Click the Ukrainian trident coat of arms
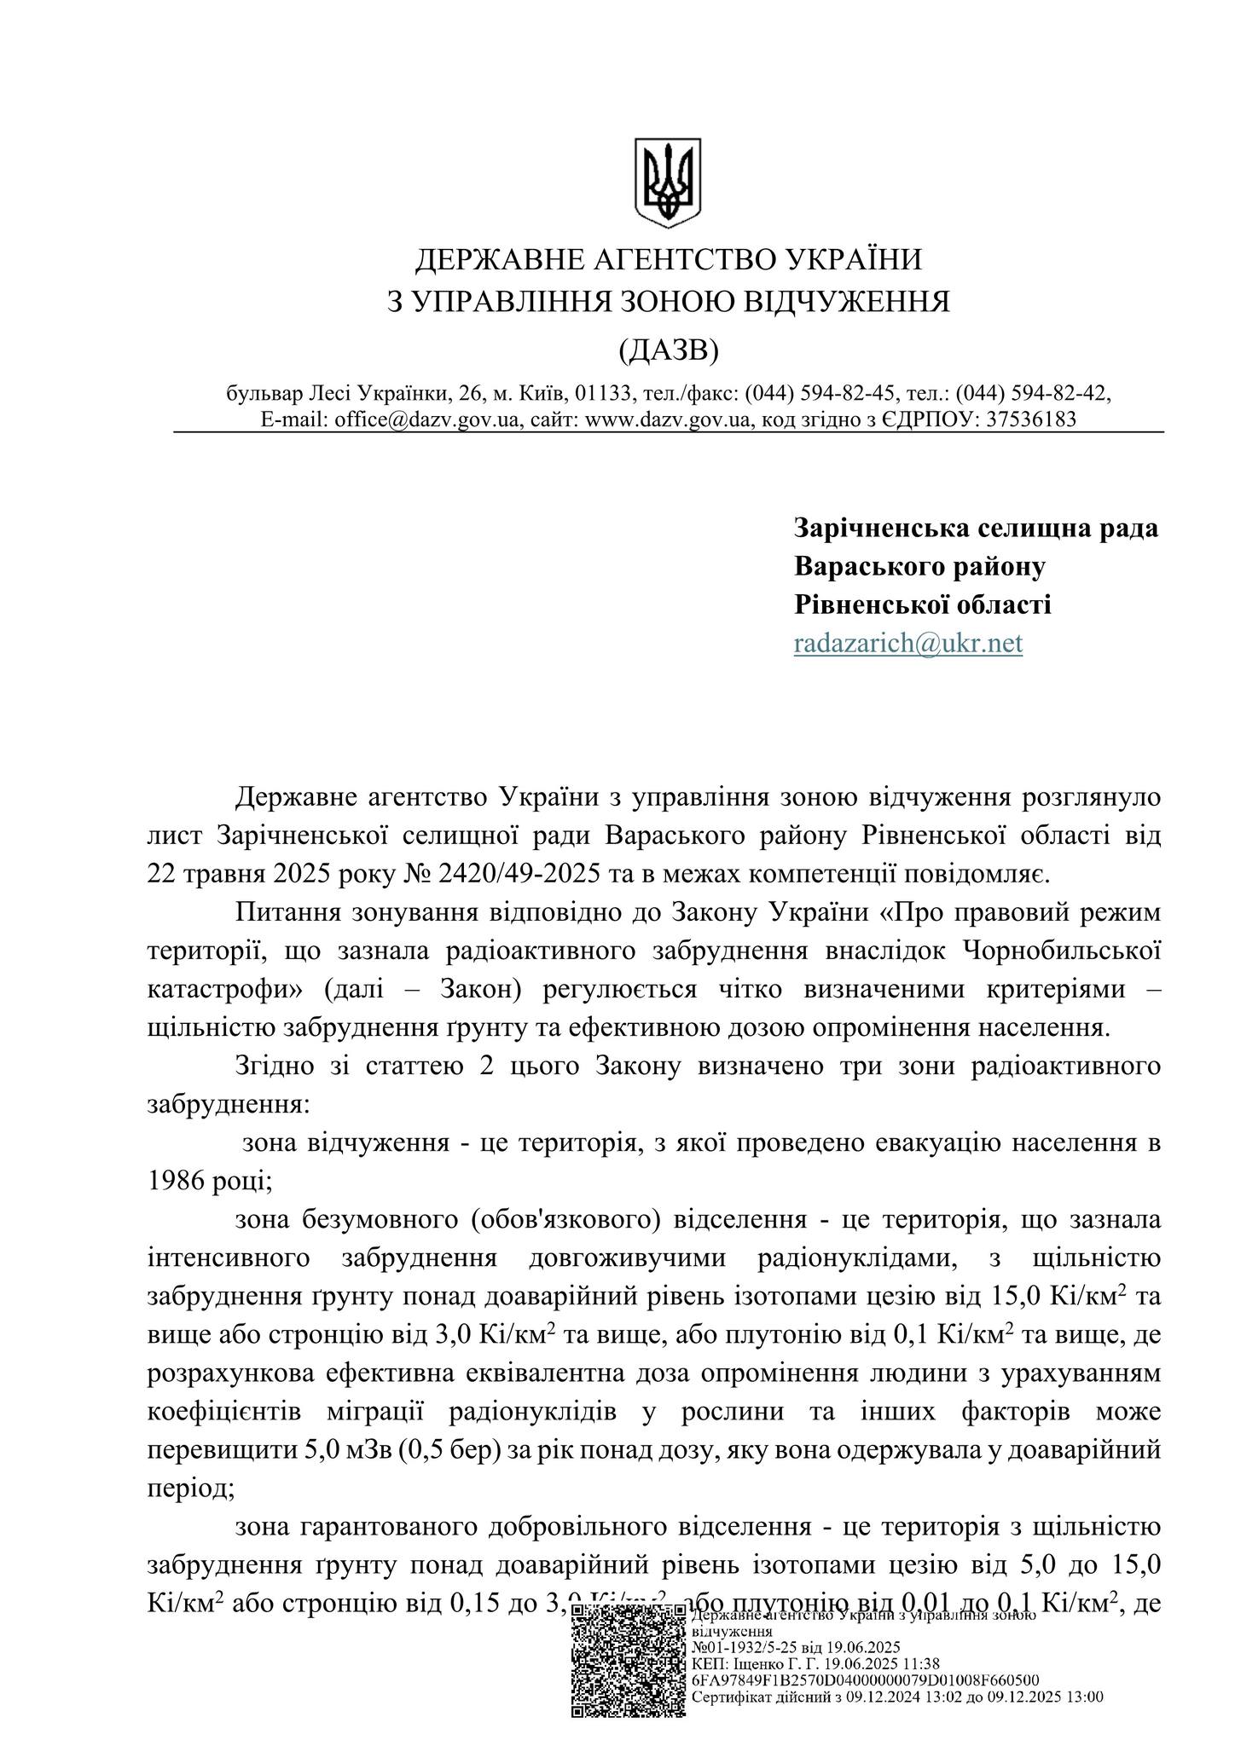point(667,183)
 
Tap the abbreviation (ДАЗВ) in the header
point(668,349)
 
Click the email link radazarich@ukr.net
point(907,643)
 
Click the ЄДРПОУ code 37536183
point(1030,419)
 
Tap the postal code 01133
point(602,393)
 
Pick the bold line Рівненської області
point(922,604)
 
